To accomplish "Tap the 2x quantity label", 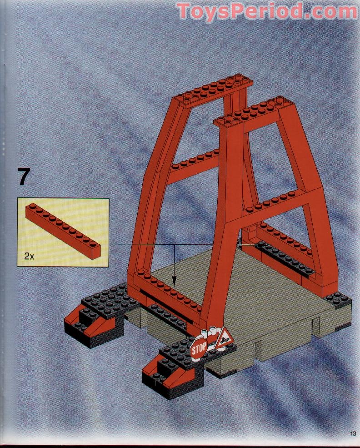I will [x=29, y=256].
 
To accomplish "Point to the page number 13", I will [x=353, y=433].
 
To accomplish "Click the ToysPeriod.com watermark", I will [x=267, y=11].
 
